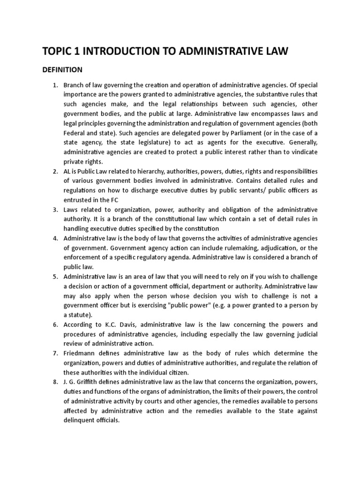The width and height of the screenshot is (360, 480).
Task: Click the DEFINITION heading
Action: point(62,70)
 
